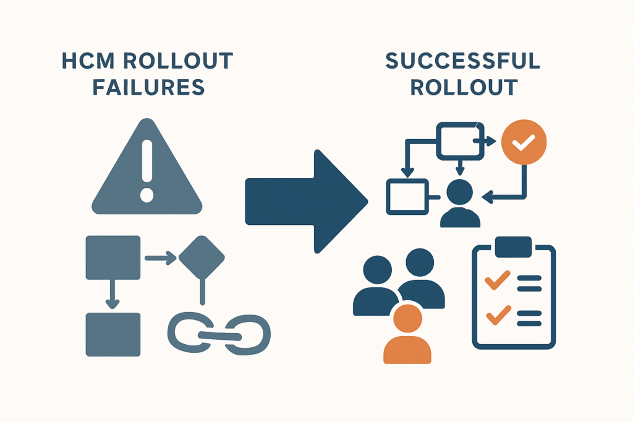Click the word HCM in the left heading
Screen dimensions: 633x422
[88, 61]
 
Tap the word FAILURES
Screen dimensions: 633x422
[148, 88]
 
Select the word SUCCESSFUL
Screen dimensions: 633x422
[462, 61]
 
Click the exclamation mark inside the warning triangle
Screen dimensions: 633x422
[147, 171]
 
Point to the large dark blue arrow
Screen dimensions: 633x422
[307, 201]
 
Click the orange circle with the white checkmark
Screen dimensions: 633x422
[524, 142]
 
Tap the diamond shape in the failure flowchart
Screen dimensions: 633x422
[202, 258]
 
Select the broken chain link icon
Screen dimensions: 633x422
[219, 334]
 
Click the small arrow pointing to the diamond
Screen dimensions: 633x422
[161, 258]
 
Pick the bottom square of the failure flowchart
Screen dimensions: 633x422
[113, 334]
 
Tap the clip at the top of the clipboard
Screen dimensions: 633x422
[513, 247]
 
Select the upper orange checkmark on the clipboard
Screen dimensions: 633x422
[498, 280]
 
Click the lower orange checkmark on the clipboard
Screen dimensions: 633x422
[499, 315]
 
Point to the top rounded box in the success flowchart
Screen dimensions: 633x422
[460, 141]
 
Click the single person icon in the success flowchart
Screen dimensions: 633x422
[460, 203]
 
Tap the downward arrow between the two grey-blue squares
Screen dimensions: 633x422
[113, 294]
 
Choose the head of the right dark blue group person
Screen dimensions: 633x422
[420, 262]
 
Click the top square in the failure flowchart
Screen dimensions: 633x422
[113, 258]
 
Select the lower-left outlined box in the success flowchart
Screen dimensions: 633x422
[407, 197]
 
